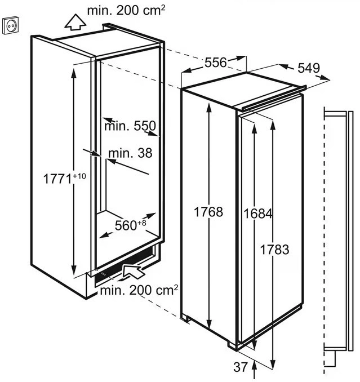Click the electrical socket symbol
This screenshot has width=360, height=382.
click(x=11, y=25)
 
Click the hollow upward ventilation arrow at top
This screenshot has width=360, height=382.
click(x=75, y=23)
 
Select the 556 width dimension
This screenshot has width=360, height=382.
click(x=215, y=63)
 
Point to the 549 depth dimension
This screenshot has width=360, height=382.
click(x=309, y=68)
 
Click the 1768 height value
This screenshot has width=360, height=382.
click(x=208, y=212)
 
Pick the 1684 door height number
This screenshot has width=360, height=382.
click(x=258, y=214)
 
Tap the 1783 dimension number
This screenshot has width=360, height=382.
click(x=275, y=250)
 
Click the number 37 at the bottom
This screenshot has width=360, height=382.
click(x=241, y=367)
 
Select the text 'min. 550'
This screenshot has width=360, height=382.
click(x=130, y=126)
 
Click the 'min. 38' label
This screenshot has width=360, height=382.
click(x=130, y=153)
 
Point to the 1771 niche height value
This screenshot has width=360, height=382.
click(x=57, y=179)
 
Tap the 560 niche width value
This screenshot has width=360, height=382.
click(x=126, y=225)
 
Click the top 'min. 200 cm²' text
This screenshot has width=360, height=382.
click(x=126, y=11)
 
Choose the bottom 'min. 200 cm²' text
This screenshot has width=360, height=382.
click(x=139, y=290)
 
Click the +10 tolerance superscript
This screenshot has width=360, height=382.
click(x=79, y=176)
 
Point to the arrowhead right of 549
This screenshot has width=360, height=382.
click(x=325, y=78)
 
